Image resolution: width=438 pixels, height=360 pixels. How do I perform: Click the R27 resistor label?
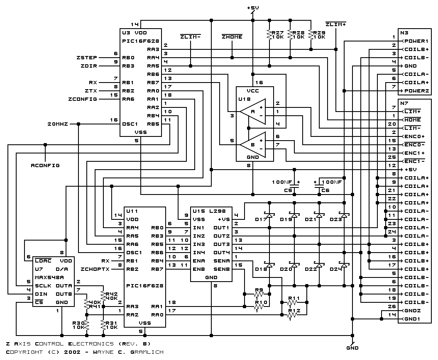(278, 33)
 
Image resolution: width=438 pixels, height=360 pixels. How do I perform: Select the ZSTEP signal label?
(87, 58)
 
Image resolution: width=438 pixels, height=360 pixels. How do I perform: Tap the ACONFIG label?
(45, 165)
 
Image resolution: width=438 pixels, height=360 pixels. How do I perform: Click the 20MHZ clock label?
(58, 124)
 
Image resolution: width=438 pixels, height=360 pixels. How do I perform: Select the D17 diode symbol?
(269, 215)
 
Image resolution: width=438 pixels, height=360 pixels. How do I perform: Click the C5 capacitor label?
(288, 190)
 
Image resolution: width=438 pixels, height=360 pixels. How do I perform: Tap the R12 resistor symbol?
(292, 315)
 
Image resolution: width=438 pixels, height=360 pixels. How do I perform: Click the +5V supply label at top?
(253, 8)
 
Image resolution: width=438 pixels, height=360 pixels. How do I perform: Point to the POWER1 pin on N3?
(416, 41)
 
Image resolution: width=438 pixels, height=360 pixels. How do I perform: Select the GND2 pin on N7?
(412, 311)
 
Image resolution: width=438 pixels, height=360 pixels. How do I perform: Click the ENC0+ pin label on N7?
(414, 136)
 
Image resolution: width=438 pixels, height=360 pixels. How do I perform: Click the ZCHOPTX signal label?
(95, 269)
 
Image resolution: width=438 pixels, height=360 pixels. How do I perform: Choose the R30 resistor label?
(78, 323)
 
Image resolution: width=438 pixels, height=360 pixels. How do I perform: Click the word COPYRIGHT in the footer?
(24, 352)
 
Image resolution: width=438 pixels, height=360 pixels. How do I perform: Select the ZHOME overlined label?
(232, 36)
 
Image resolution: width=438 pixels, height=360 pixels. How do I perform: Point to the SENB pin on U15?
(222, 269)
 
